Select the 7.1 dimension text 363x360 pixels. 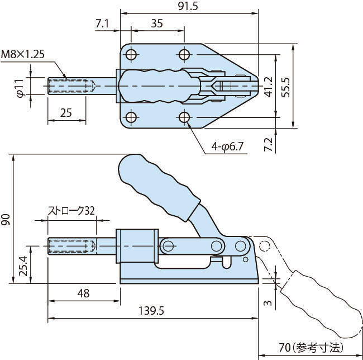(102, 23)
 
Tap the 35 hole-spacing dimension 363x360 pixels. (157, 23)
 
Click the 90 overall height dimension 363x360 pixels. (6, 219)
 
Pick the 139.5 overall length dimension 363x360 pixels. (150, 311)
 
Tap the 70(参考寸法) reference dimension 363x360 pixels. (311, 348)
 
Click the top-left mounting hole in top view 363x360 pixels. (132, 54)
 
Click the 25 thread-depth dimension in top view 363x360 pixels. (66, 112)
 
